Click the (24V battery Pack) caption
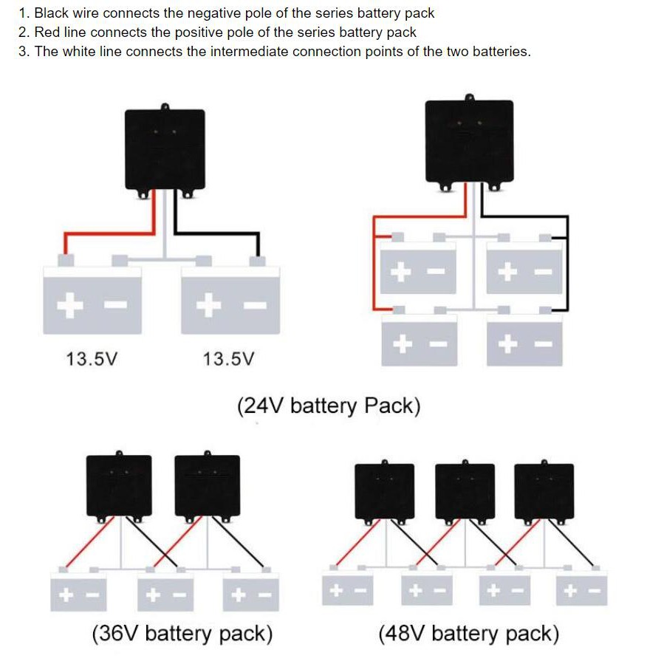pyautogui.click(x=329, y=406)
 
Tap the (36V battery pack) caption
pyautogui.click(x=182, y=634)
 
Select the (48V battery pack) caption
pyautogui.click(x=468, y=634)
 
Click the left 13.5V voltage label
pyautogui.click(x=92, y=360)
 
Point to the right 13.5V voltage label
pyautogui.click(x=228, y=360)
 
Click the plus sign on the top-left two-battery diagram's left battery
pyautogui.click(x=69, y=304)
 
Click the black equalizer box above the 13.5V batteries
pyautogui.click(x=164, y=151)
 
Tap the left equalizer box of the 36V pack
pyautogui.click(x=120, y=485)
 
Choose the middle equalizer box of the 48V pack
pyautogui.click(x=465, y=490)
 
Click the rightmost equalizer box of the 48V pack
pyautogui.click(x=544, y=490)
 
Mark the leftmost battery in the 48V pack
pyautogui.click(x=347, y=589)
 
